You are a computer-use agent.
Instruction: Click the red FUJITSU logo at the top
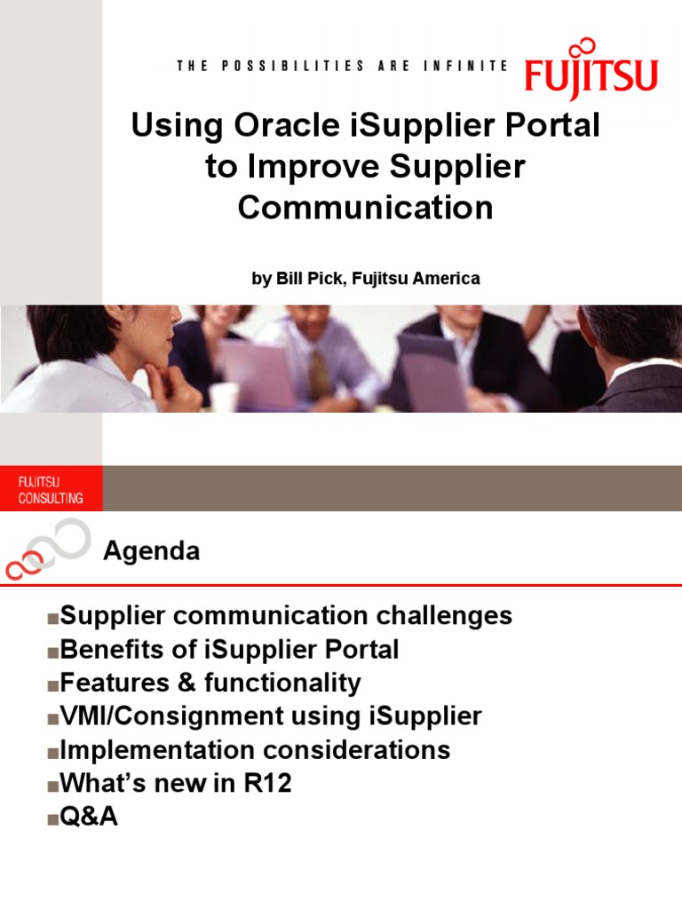tap(591, 77)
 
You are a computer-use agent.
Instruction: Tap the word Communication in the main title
tap(365, 208)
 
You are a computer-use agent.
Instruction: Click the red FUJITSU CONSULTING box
tap(51, 489)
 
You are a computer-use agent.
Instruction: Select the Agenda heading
tap(151, 551)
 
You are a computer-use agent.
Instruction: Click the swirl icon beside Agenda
tap(49, 548)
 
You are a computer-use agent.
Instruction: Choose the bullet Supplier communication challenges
tap(285, 615)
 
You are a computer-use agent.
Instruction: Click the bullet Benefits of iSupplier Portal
tap(229, 650)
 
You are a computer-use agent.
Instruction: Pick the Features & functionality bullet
tap(210, 684)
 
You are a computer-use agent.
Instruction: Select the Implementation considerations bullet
tap(255, 750)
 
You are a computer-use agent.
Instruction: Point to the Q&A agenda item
tap(88, 817)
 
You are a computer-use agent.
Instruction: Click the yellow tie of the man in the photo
tap(318, 372)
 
